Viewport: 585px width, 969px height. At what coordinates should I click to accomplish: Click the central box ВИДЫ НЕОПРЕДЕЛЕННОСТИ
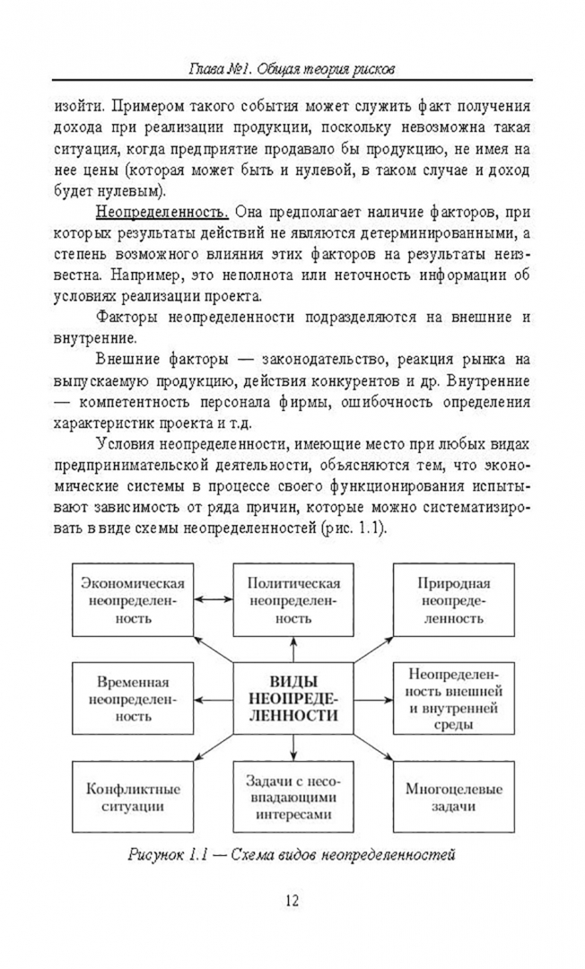tap(292, 697)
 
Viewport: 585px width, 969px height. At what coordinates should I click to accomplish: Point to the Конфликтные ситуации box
tap(133, 798)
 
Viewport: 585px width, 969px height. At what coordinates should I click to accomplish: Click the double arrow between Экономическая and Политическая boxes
tap(213, 598)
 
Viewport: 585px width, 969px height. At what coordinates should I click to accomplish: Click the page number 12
tap(292, 900)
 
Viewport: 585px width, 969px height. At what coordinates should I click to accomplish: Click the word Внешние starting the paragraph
tap(135, 360)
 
